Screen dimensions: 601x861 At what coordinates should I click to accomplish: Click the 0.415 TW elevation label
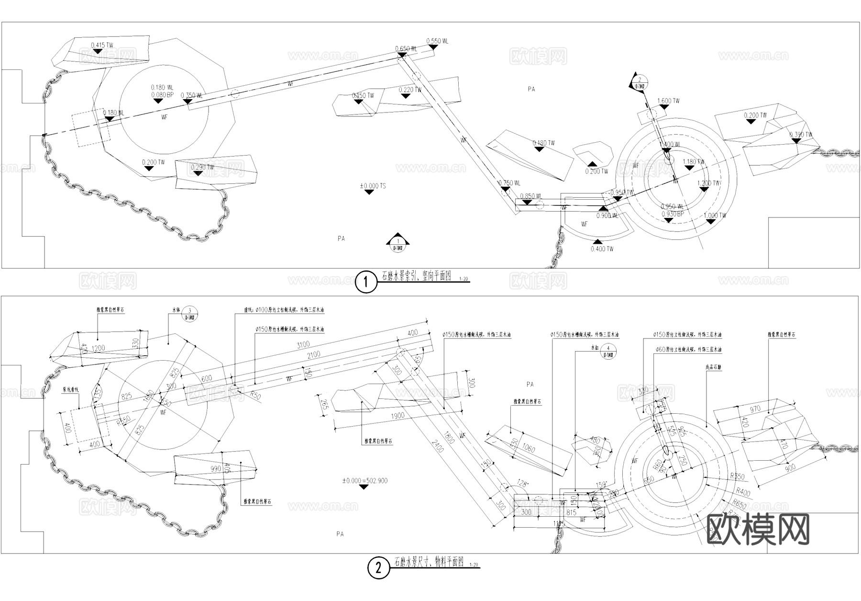point(102,45)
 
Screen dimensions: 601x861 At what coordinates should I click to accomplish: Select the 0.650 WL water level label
point(406,49)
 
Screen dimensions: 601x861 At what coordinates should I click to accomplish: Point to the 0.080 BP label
point(162,95)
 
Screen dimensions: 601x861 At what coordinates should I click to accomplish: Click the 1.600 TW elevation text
point(668,101)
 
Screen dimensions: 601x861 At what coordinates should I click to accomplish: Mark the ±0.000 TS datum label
point(373,186)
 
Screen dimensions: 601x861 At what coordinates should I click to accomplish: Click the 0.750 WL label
point(509,183)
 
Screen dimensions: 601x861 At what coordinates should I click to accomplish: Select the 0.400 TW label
point(602,249)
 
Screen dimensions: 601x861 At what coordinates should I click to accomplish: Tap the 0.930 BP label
point(673,214)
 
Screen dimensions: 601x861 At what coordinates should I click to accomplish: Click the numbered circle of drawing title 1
point(366,282)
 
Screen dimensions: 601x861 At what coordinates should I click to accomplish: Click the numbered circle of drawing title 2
point(378,568)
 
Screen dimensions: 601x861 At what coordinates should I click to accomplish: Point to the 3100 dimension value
point(303,345)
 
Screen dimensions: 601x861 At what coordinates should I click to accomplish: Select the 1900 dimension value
point(397,416)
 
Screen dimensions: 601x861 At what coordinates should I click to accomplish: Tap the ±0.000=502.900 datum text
point(364,480)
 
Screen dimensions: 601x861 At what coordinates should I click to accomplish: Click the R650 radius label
point(739,503)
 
